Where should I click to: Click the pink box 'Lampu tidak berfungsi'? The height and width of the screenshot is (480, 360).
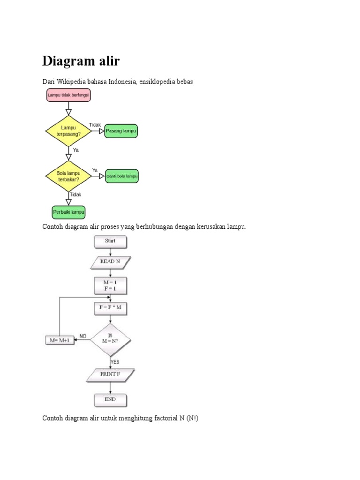click(68, 96)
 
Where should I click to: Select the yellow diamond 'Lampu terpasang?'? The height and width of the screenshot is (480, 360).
click(68, 131)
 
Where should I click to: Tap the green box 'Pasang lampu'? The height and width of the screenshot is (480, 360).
click(121, 131)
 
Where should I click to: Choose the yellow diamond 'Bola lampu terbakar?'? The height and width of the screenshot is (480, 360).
click(68, 176)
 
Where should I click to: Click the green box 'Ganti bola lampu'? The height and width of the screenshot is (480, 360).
click(122, 176)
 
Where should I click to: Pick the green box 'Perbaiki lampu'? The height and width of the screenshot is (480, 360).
click(68, 212)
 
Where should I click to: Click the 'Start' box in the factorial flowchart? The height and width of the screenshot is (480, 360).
click(110, 242)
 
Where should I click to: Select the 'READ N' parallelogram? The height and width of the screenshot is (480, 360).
click(110, 262)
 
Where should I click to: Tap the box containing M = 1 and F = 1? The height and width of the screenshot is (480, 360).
click(110, 285)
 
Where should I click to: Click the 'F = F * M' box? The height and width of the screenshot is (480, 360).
click(110, 308)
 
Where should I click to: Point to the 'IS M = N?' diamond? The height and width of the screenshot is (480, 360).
click(111, 339)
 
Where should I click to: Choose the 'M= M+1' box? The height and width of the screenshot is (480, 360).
click(60, 340)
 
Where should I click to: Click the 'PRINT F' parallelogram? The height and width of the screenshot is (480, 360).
click(111, 374)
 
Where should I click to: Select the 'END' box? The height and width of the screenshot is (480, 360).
click(110, 400)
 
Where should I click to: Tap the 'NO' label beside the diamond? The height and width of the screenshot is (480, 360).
click(83, 336)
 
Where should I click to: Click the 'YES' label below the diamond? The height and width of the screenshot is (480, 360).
click(115, 362)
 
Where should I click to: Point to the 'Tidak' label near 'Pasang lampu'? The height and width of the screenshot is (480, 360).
click(95, 125)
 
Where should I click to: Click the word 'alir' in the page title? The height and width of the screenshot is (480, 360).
click(107, 61)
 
